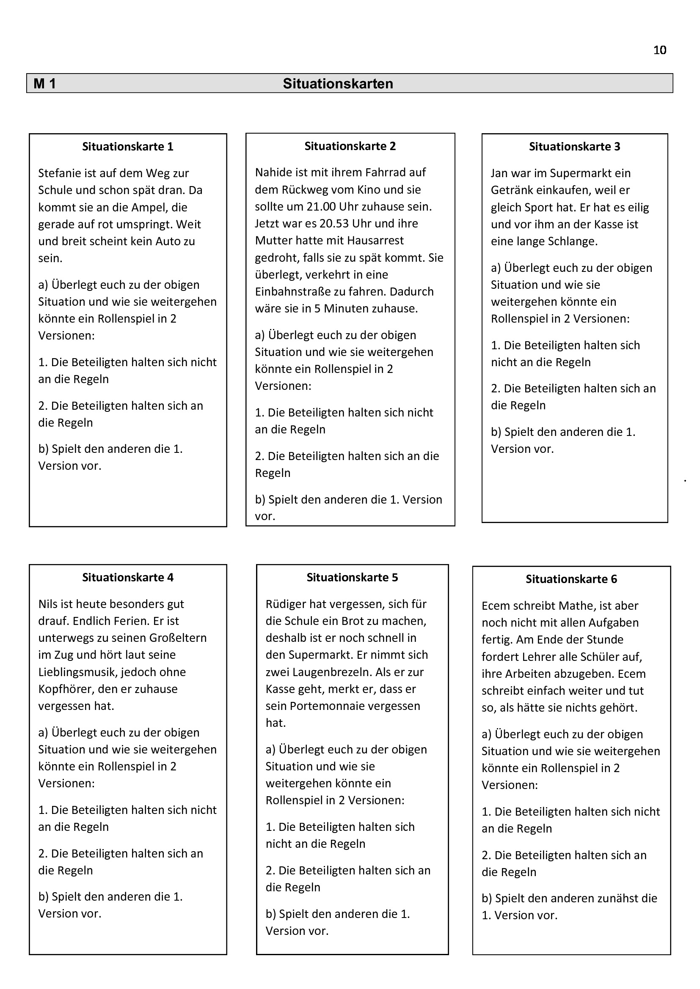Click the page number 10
(x=659, y=50)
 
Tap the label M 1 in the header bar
(x=45, y=84)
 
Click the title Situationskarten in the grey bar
(x=338, y=84)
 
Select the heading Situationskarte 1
(x=127, y=146)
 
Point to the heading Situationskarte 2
(x=350, y=146)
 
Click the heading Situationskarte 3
(x=575, y=146)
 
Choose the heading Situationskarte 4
(x=127, y=577)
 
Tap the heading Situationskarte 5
(x=352, y=577)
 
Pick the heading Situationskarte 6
(x=571, y=579)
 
